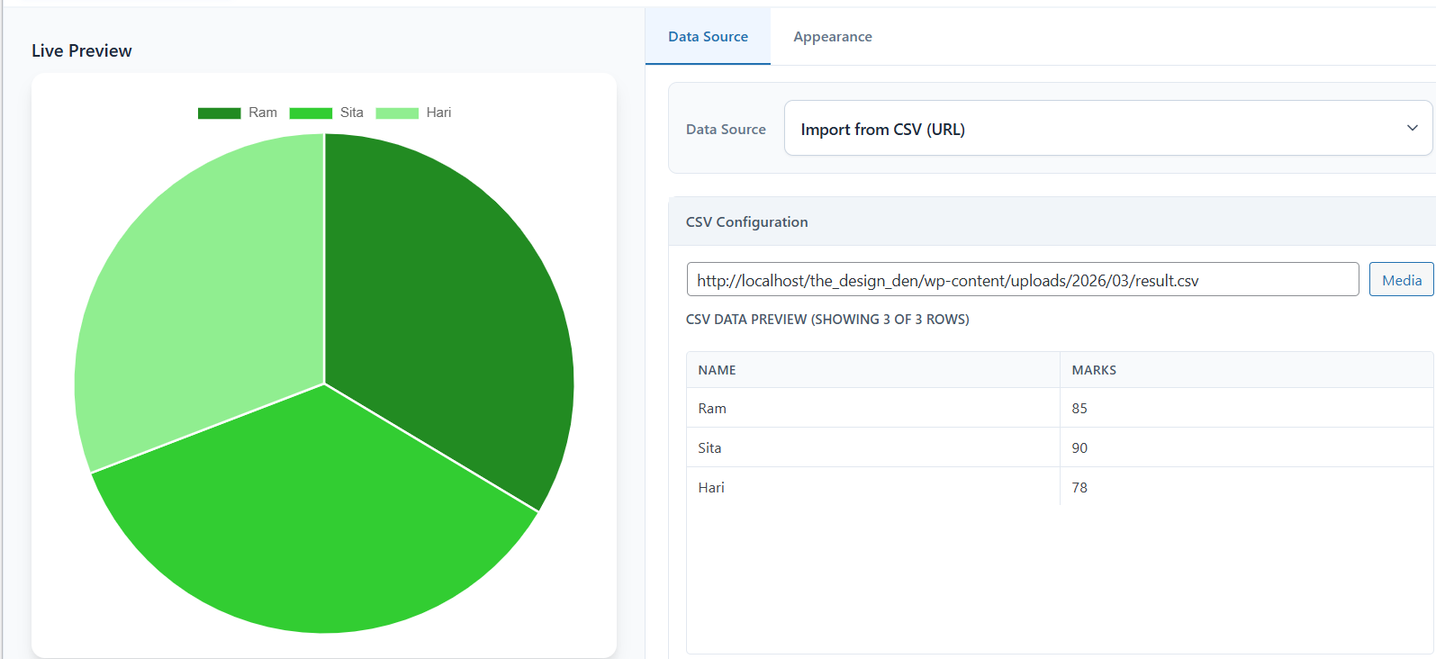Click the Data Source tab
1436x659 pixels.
pos(708,37)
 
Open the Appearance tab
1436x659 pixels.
pos(832,37)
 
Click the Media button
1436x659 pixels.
pos(1402,279)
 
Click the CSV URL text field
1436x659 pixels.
pos(1023,279)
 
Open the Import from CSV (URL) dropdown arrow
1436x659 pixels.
pos(1413,128)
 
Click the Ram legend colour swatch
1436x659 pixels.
pos(220,113)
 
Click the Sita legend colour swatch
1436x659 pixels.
pos(311,113)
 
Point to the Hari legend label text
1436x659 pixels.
pos(438,113)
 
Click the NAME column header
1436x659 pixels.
pos(717,370)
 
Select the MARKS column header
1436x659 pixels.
pos(1094,370)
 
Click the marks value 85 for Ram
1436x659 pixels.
pos(1079,409)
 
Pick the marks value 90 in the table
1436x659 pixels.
pos(1079,448)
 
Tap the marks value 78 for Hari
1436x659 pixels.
pos(1079,488)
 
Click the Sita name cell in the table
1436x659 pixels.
pos(709,448)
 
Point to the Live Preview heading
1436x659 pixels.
pos(81,50)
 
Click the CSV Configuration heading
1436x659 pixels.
pos(747,221)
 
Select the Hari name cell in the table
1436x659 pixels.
pos(711,488)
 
